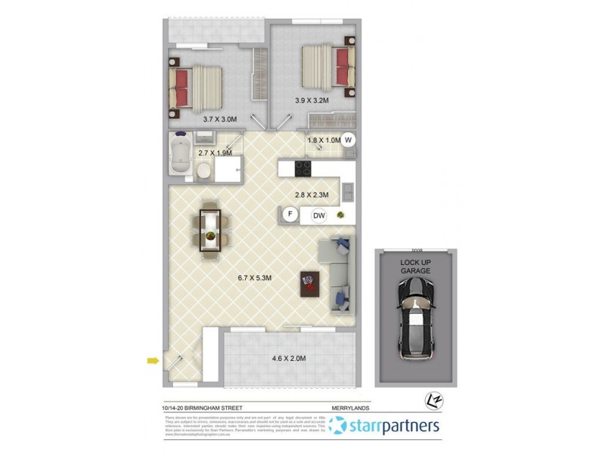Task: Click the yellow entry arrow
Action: coord(154,361)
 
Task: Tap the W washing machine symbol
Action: coord(348,139)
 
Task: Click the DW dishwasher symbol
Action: coord(319,216)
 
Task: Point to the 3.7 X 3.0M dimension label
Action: coord(220,119)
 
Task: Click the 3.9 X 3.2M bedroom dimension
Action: coord(312,100)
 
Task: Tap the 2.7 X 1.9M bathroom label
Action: coord(214,153)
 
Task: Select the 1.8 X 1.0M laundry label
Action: coord(323,140)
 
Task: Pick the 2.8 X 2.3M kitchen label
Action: coord(311,196)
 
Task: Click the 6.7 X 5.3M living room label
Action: coord(254,278)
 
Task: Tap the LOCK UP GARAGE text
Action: coord(415,266)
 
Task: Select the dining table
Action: coord(209,230)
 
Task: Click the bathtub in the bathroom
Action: coord(181,158)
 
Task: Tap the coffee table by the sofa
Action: coord(310,285)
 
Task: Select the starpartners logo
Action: coord(385,427)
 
